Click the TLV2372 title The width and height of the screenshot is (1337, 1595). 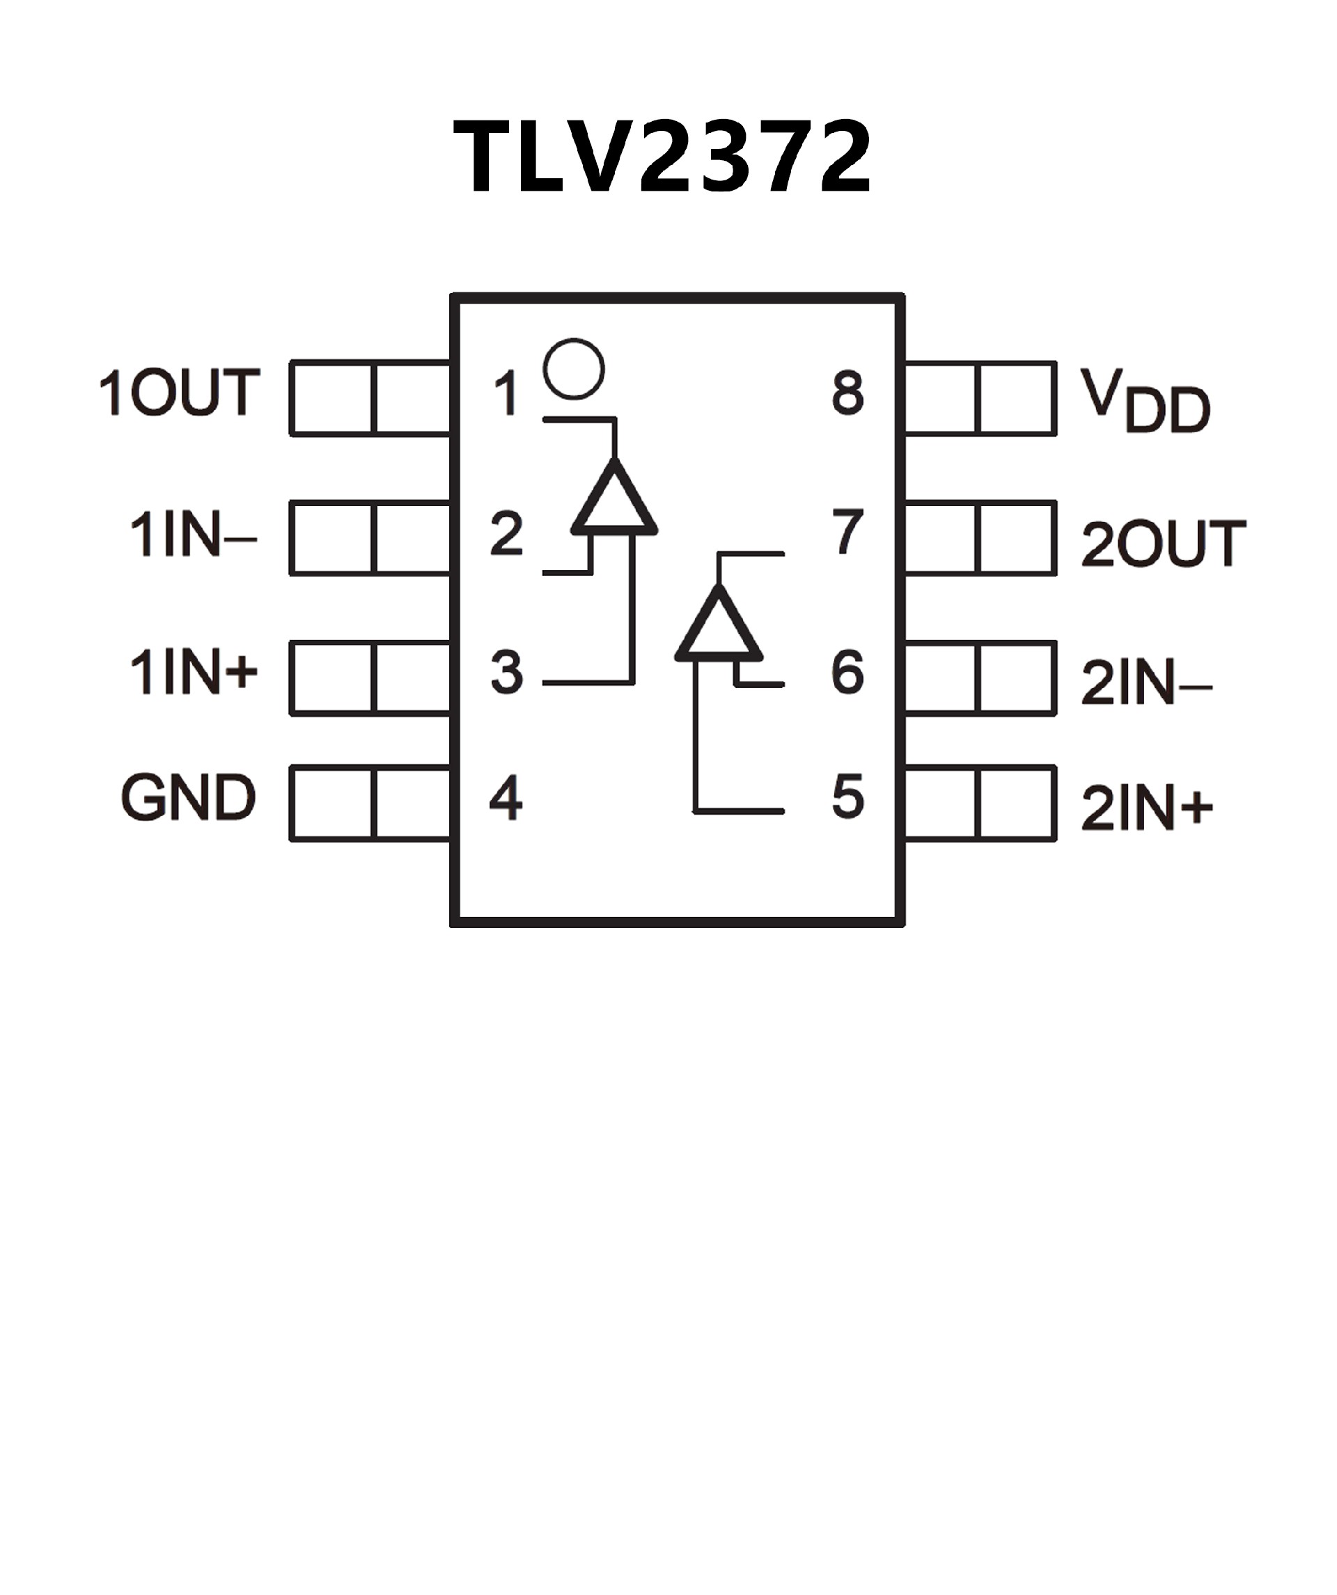(662, 157)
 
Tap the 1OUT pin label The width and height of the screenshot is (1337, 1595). (180, 393)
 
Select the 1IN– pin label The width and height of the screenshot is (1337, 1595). (193, 534)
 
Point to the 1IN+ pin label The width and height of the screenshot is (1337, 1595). (194, 672)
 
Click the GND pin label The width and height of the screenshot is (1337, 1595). (189, 798)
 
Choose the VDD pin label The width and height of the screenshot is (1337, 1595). (1145, 401)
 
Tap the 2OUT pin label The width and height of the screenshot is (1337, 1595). (1163, 544)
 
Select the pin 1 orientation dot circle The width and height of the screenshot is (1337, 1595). (574, 369)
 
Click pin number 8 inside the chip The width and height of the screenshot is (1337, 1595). (847, 393)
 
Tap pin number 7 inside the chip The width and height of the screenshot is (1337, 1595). (847, 532)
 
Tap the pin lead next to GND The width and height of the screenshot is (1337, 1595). (370, 803)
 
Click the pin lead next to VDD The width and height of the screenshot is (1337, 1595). (980, 399)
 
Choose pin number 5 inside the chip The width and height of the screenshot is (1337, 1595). (847, 798)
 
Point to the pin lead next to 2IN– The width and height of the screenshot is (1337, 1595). (980, 679)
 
